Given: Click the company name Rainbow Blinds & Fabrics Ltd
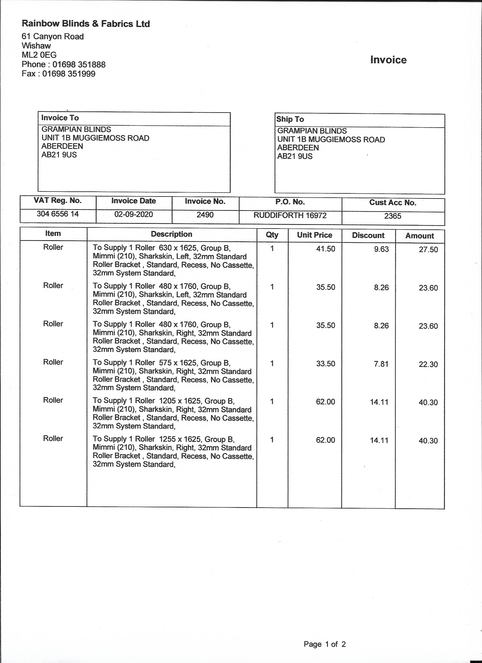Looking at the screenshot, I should pyautogui.click(x=86, y=24).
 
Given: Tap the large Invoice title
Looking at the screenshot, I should pyautogui.click(x=388, y=60).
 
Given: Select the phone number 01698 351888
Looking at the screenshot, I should pyautogui.click(x=79, y=64).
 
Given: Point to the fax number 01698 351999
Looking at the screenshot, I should pyautogui.click(x=69, y=74).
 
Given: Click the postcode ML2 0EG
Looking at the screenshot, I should pyautogui.click(x=39, y=55).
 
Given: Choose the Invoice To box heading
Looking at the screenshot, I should pyautogui.click(x=60, y=118).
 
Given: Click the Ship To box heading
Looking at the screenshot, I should pyautogui.click(x=290, y=119).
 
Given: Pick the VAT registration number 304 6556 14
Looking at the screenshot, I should pyautogui.click(x=58, y=214).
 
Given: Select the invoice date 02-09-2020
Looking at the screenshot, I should pyautogui.click(x=134, y=215).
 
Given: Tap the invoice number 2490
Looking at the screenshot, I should pyautogui.click(x=205, y=215).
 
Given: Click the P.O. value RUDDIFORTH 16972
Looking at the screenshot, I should pyautogui.click(x=290, y=216).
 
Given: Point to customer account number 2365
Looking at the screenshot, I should pyautogui.click(x=393, y=216).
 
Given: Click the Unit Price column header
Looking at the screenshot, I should pyautogui.click(x=314, y=235).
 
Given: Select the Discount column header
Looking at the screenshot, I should pyautogui.click(x=368, y=236).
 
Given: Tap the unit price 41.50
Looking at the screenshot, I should pyautogui.click(x=325, y=249).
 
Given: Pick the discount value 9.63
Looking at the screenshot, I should pyautogui.click(x=381, y=249).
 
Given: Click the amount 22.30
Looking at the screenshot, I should pyautogui.click(x=428, y=364).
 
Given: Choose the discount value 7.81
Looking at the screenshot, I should pyautogui.click(x=381, y=364).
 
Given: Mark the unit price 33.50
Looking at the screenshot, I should pyautogui.click(x=325, y=364).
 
